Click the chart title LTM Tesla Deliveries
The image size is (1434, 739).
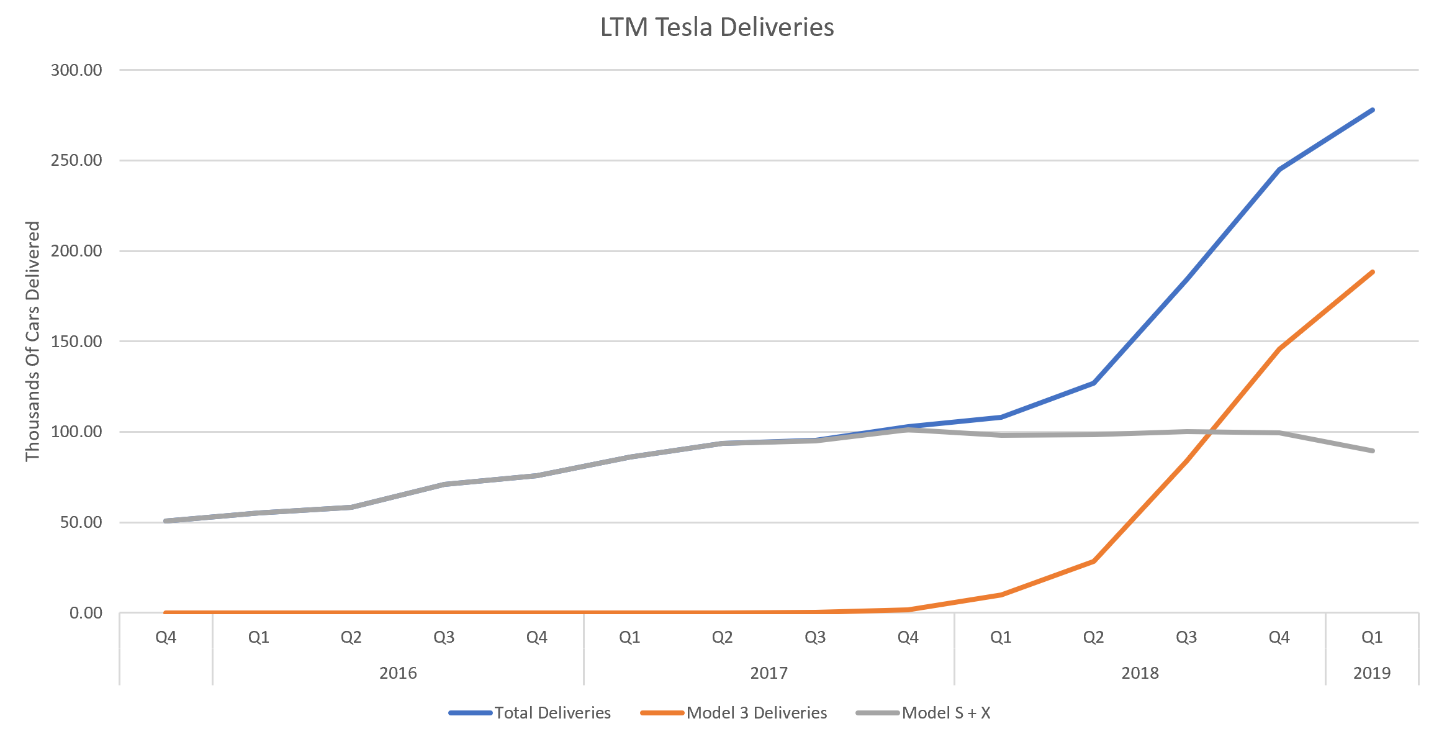tap(717, 27)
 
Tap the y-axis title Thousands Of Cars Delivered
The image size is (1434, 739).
tap(32, 341)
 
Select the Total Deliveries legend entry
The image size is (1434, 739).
tap(552, 713)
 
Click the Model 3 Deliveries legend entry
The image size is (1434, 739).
tap(756, 713)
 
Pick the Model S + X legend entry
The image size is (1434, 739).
tap(945, 713)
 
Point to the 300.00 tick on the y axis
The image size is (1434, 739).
tap(76, 70)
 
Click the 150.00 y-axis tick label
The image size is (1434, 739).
tap(76, 342)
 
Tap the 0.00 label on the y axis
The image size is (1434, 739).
tap(86, 613)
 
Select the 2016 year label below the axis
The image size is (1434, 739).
tap(398, 673)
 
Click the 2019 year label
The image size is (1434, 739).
tap(1372, 673)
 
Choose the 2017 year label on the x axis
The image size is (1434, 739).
tap(769, 673)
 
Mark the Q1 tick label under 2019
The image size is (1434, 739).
tap(1372, 637)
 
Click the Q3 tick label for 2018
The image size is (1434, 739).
tap(1186, 637)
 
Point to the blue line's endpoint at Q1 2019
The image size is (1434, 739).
tap(1372, 110)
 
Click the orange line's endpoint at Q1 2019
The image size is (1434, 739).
tap(1372, 272)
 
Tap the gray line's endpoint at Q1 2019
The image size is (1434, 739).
tap(1372, 451)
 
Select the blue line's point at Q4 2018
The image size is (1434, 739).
tap(1279, 170)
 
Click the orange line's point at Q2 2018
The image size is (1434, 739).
tap(1094, 561)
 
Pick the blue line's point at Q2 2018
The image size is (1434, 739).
tap(1094, 383)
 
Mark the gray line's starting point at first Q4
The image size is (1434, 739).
tap(166, 521)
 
